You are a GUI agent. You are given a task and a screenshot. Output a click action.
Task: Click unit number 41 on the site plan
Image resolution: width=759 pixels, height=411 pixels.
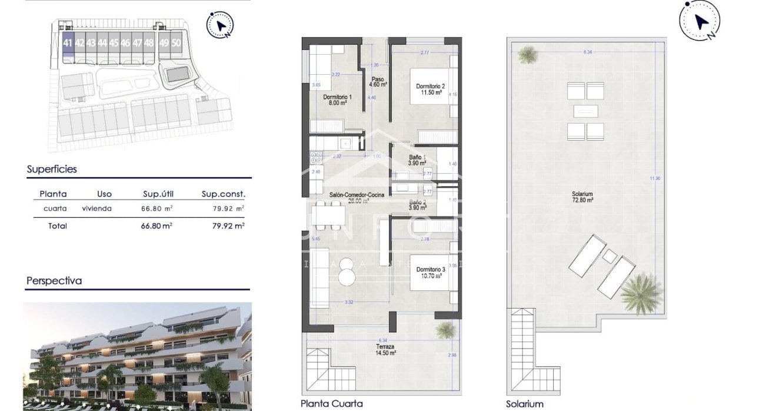(x=68, y=43)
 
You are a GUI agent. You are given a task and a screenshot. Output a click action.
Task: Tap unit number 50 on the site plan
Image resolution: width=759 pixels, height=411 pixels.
(x=176, y=43)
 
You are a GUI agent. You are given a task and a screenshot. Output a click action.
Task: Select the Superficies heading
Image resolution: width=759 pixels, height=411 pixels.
(x=52, y=170)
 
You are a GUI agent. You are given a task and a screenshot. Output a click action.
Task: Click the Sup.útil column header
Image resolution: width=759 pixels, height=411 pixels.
(x=158, y=194)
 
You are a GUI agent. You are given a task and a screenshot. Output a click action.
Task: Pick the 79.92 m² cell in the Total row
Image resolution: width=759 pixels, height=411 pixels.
(x=228, y=226)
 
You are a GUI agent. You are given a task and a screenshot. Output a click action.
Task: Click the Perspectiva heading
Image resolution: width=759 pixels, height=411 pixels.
(x=54, y=281)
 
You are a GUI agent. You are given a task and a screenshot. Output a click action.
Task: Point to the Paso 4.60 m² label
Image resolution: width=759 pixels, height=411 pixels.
(x=378, y=82)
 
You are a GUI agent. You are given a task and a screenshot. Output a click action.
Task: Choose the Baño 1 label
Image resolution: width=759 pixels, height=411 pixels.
(x=418, y=160)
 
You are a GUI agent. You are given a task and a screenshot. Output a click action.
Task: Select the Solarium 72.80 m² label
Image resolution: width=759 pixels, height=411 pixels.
(x=582, y=197)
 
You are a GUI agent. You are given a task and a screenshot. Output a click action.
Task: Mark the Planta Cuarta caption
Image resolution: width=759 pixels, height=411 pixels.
(x=331, y=404)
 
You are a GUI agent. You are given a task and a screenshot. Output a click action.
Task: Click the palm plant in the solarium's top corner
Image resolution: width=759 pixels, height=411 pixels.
(x=527, y=55)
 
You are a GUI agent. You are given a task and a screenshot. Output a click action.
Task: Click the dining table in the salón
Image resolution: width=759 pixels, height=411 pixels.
(x=329, y=216)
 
